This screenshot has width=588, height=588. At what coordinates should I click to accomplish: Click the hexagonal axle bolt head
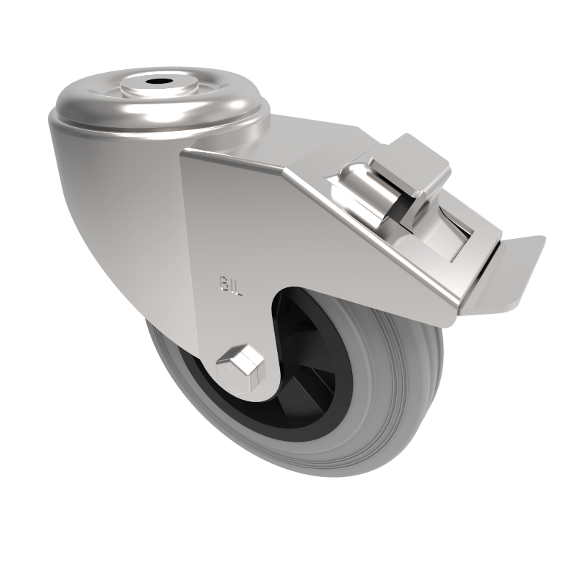pos(240,363)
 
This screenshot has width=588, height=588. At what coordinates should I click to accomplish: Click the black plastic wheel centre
pos(316,360)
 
